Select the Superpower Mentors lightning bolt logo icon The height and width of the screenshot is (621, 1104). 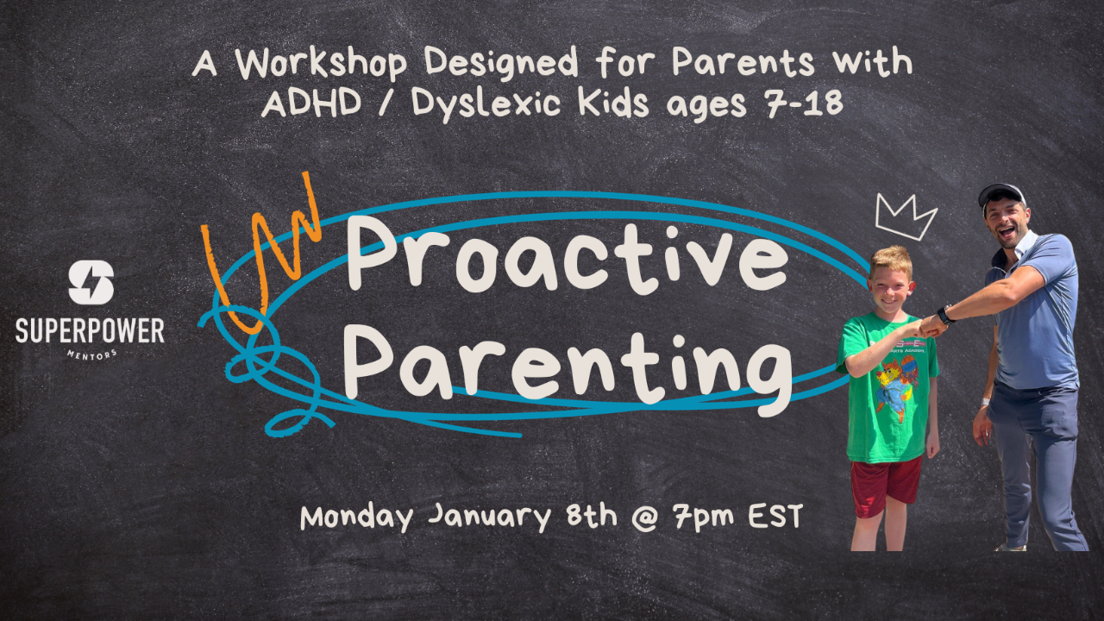pyautogui.click(x=91, y=283)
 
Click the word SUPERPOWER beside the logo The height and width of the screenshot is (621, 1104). pyautogui.click(x=90, y=329)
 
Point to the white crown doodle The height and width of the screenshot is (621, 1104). pyautogui.click(x=906, y=216)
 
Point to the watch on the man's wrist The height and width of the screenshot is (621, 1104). pyautogui.click(x=946, y=315)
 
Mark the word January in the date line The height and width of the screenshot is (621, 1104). pyautogui.click(x=489, y=517)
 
